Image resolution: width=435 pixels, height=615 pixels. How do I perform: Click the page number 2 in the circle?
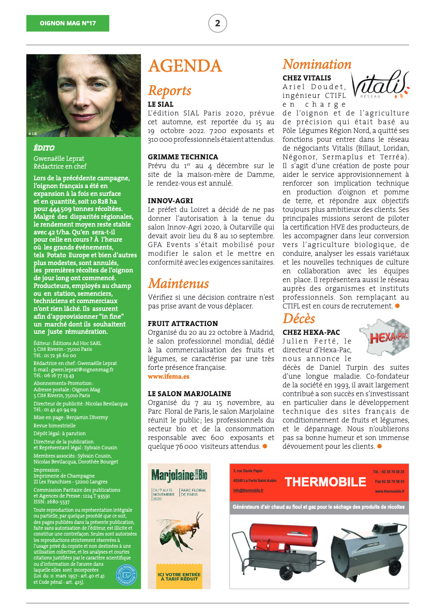click(x=217, y=23)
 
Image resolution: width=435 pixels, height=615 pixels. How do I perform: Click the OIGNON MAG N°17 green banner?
click(x=68, y=23)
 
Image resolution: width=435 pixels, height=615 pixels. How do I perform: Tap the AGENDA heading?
click(x=185, y=66)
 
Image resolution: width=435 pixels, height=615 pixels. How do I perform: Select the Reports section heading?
click(x=169, y=91)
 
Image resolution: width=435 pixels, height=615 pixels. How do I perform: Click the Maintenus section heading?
click(x=178, y=283)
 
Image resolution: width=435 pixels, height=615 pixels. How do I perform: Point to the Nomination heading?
click(x=317, y=64)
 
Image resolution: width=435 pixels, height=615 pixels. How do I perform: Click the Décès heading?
click(x=299, y=318)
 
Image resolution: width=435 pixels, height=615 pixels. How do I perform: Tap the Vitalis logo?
click(x=380, y=85)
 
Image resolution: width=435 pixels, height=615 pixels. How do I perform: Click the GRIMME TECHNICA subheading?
click(x=183, y=157)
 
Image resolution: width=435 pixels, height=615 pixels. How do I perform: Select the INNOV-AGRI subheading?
click(x=170, y=200)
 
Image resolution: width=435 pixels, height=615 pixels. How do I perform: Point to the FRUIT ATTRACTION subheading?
click(x=183, y=324)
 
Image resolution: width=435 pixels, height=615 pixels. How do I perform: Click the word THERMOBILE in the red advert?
click(x=325, y=482)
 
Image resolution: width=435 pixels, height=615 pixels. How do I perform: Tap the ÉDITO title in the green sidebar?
click(x=44, y=148)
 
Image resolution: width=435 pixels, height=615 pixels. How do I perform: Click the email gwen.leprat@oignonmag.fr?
click(x=73, y=369)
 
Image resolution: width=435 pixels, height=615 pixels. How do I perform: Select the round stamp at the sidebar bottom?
click(x=126, y=576)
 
